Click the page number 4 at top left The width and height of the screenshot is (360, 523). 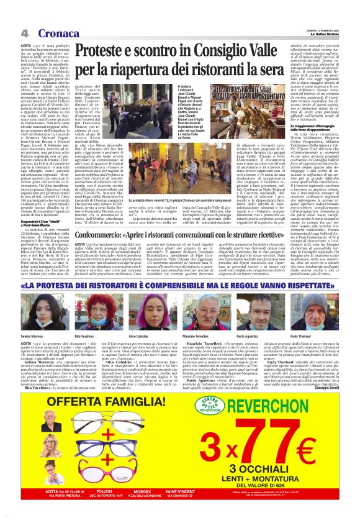pyautogui.click(x=24, y=33)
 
